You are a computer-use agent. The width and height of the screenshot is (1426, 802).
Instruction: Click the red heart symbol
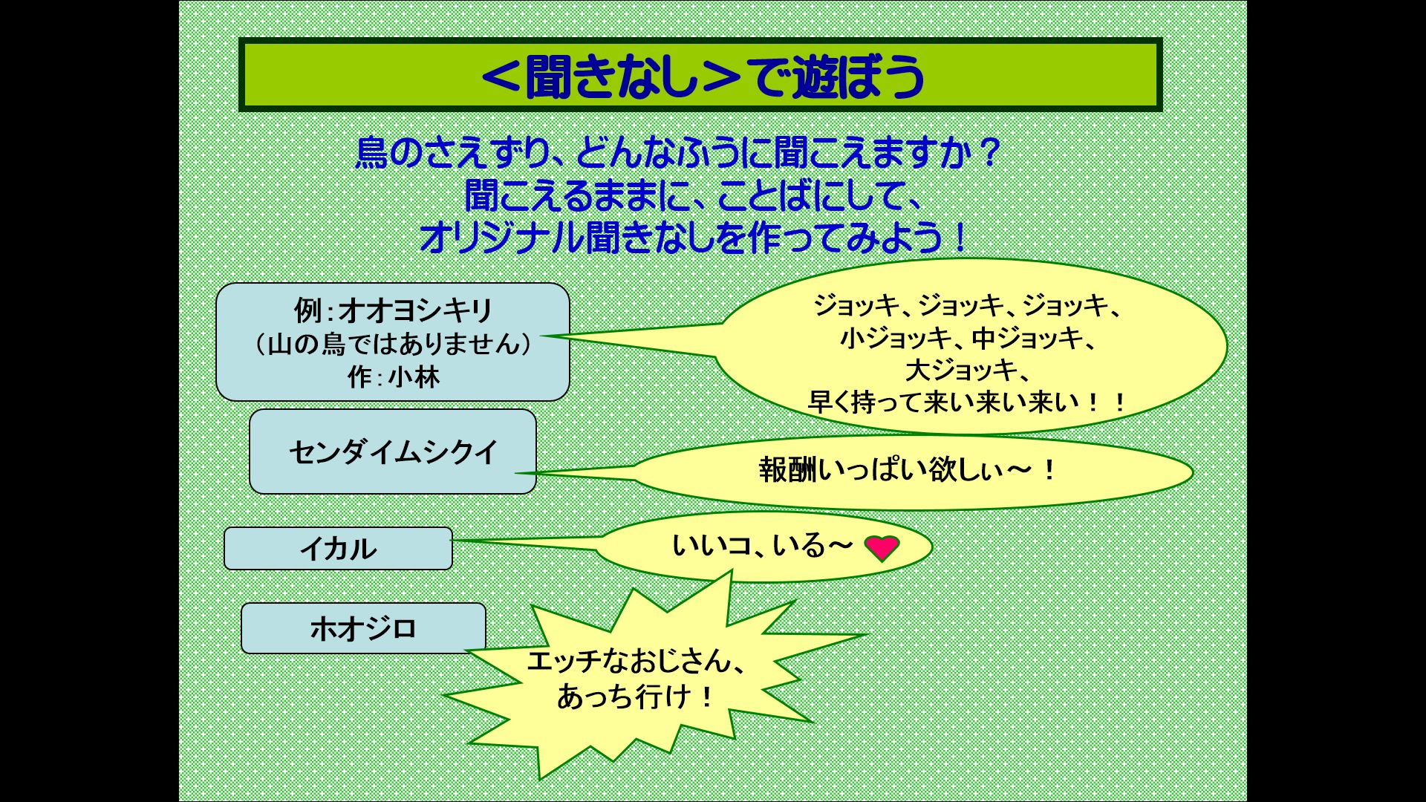pos(882,548)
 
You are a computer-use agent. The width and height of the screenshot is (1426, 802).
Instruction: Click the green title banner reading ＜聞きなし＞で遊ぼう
pos(700,75)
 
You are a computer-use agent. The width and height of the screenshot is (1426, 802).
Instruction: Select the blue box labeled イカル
pos(338,549)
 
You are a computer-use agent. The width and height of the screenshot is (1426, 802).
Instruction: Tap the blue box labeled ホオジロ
pos(363,628)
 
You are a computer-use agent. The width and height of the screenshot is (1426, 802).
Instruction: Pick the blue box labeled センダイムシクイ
pos(393,451)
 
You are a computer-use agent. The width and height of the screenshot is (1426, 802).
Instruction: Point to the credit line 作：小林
pos(394,377)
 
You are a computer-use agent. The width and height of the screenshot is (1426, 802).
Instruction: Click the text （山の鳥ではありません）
pos(393,344)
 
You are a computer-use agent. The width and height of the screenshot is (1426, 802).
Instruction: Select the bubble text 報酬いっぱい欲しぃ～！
pos(908,469)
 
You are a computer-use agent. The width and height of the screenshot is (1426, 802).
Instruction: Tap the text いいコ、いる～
pos(762,546)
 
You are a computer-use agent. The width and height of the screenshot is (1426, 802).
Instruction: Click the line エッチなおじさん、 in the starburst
pos(637,661)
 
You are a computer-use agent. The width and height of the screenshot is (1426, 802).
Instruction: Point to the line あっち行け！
pos(636,697)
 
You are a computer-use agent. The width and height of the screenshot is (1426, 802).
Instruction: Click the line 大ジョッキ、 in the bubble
pos(966,370)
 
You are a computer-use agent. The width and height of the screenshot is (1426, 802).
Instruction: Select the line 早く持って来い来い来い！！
pos(968,402)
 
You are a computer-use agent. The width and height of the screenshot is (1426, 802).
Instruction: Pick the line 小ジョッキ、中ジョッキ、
pos(968,338)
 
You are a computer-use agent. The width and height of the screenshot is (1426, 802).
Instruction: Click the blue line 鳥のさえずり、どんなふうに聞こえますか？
pos(678,152)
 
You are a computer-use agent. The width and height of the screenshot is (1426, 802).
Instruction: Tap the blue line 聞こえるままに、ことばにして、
pos(694,195)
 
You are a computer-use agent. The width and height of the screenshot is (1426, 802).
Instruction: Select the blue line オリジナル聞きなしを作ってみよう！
pos(694,238)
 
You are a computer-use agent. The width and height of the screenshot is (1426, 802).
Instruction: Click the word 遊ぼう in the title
pos(859,76)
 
